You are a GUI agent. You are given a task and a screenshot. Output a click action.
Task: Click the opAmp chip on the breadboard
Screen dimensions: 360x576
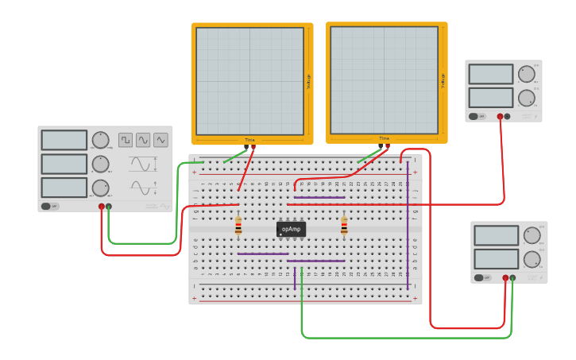(291, 229)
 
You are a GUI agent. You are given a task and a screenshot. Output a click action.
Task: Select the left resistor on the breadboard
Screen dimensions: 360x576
(238, 227)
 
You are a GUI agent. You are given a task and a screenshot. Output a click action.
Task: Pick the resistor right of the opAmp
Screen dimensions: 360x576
(344, 227)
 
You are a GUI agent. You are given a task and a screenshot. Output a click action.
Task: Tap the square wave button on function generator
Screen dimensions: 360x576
(126, 140)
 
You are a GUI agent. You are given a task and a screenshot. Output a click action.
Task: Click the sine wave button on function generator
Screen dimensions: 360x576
(143, 140)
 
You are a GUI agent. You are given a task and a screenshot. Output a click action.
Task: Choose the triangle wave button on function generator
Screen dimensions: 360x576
(160, 140)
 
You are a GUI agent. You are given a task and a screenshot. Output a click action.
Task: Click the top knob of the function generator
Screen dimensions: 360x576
(99, 140)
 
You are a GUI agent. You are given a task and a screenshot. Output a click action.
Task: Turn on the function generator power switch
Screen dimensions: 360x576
(49, 206)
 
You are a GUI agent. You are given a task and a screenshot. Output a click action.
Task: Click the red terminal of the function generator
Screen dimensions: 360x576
(102, 207)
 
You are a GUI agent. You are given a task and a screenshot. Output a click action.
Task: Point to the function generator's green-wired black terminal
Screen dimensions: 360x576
(109, 207)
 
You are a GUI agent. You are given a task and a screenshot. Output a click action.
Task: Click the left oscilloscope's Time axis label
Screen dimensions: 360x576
(250, 140)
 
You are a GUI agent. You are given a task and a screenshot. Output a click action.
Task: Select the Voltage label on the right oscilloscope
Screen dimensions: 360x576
(443, 81)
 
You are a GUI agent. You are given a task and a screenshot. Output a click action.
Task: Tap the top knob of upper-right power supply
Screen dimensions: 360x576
(526, 74)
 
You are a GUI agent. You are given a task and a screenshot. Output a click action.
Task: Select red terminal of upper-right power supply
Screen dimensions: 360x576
(500, 116)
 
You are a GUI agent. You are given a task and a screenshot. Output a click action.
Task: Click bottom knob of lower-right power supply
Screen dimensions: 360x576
(532, 259)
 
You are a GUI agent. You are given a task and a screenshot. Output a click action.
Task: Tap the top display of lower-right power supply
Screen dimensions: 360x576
(496, 235)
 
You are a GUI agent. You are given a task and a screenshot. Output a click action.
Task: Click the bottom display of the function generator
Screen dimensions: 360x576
(64, 188)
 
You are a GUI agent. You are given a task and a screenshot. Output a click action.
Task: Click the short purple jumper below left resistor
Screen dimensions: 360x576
(262, 254)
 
